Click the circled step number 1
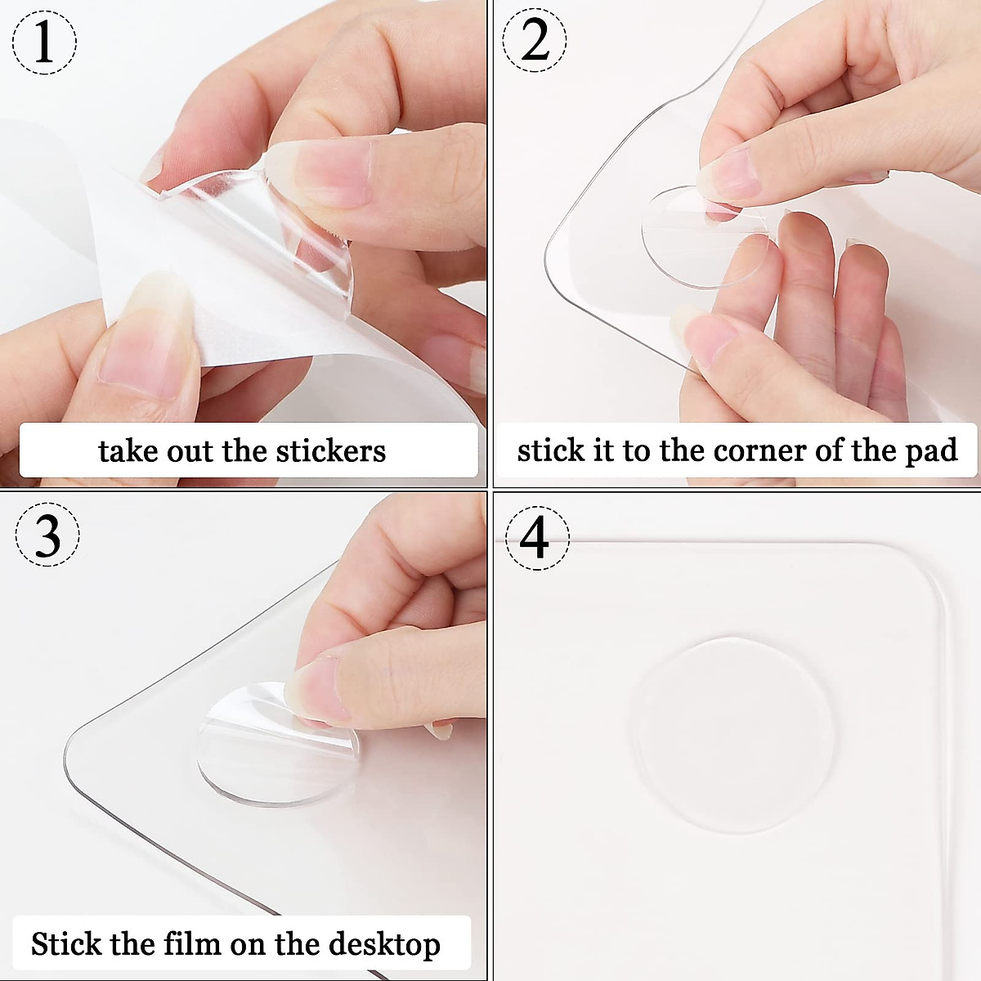[44, 41]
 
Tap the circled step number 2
[535, 41]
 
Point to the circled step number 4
[536, 537]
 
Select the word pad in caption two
[930, 451]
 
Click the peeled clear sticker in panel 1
[270, 229]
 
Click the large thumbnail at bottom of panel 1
[147, 343]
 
